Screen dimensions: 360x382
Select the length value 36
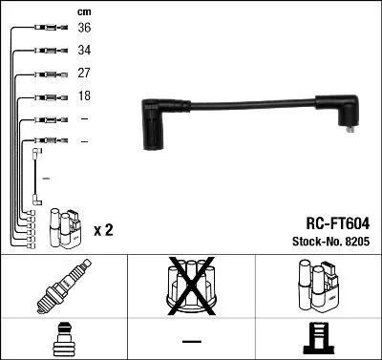[x=84, y=28]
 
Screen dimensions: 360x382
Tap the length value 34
[x=84, y=51]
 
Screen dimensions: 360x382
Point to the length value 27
[x=84, y=74]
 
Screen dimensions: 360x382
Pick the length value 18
[x=84, y=96]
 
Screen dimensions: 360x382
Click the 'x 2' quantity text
[x=104, y=231]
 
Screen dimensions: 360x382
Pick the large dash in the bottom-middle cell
[x=191, y=340]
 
